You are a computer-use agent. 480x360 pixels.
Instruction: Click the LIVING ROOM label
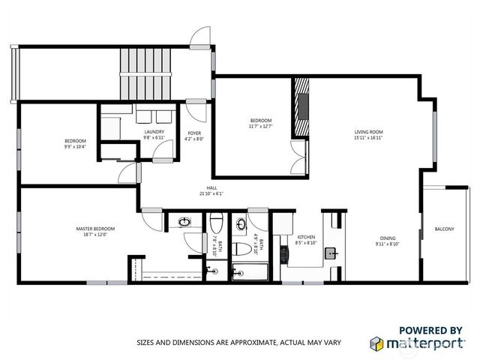coord(369,133)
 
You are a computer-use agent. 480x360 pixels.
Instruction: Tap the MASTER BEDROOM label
coord(95,228)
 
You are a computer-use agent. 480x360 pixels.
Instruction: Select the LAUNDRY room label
coord(154,133)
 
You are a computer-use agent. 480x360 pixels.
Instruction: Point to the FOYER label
coord(194,133)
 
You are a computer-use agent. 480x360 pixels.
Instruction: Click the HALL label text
coord(211,188)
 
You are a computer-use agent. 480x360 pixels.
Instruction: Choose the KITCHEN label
coord(306,237)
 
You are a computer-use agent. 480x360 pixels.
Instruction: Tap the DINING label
coord(387,238)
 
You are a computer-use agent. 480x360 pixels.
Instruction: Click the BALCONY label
coord(444,229)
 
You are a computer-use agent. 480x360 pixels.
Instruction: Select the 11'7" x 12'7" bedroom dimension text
coord(261,126)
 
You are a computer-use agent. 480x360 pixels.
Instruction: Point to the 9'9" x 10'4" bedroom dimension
coord(75,146)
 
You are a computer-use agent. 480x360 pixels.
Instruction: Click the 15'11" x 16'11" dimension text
coord(369,138)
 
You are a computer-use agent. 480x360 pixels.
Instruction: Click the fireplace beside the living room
coord(301,106)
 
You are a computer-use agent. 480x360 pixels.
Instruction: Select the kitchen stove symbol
coord(284,253)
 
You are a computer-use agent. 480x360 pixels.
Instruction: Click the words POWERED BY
coord(430,329)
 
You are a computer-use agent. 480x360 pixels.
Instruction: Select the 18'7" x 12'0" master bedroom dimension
coord(95,234)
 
